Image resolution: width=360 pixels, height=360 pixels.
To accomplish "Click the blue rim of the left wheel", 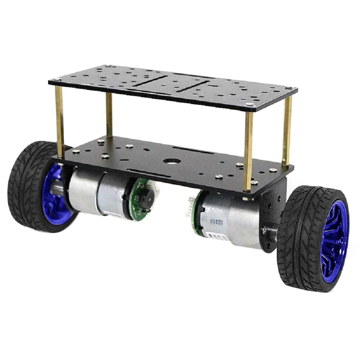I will [x=53, y=197].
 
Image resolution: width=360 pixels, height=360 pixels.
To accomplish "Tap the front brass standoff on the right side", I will [x=249, y=148].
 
